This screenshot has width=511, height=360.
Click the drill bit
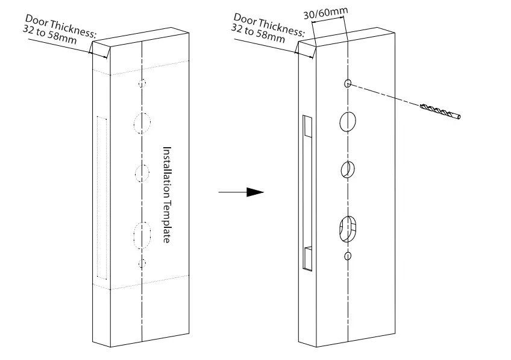click(x=439, y=111)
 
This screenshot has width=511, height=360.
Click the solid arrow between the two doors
click(x=241, y=192)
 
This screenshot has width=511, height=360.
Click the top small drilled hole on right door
click(x=348, y=83)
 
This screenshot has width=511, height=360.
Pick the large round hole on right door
click(x=348, y=121)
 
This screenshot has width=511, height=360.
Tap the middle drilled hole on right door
click(x=347, y=169)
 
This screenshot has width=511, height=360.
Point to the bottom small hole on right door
click(x=348, y=257)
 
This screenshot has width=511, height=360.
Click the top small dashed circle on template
click(x=142, y=83)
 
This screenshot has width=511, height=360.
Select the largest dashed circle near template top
click(x=142, y=123)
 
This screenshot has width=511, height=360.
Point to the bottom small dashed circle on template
click(x=142, y=262)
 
